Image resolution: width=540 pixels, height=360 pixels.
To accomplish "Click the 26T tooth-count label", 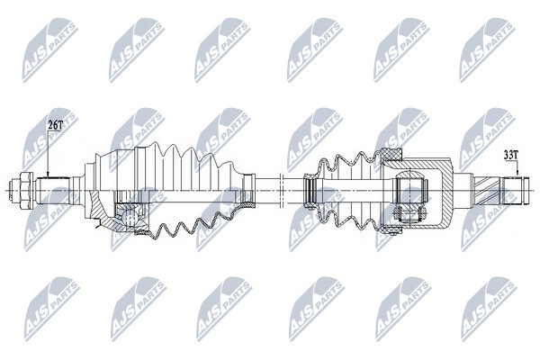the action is (55, 125).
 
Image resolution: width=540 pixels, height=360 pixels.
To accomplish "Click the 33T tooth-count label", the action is (510, 156).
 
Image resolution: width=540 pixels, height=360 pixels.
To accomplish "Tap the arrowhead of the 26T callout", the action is (49, 175).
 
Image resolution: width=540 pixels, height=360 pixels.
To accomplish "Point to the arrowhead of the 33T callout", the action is (517, 174).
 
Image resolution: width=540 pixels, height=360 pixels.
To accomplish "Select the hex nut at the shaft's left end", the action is (26, 190).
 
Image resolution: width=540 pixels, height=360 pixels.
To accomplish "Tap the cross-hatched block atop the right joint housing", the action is (391, 154).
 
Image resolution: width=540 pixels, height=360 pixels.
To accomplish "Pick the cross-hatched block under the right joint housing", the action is (391, 229).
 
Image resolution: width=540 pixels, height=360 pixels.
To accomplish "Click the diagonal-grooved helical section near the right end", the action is (488, 190).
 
